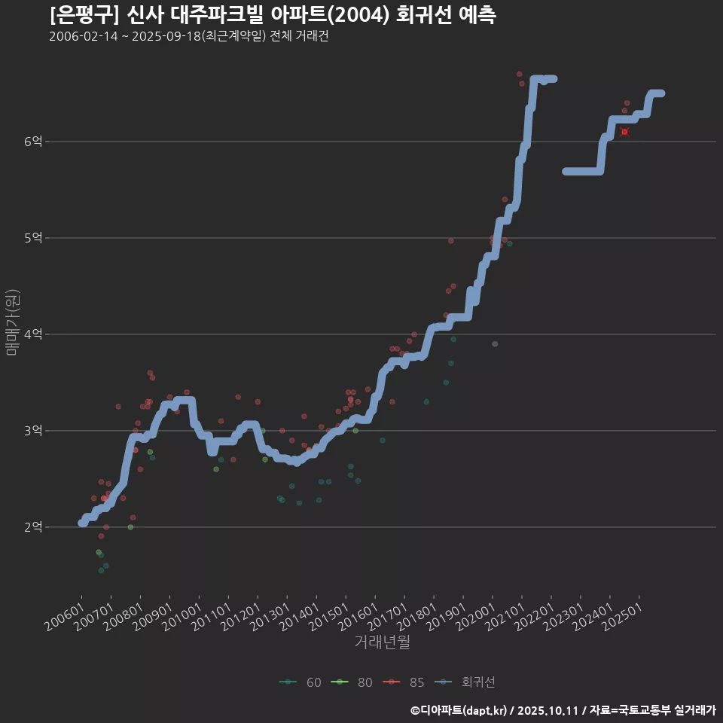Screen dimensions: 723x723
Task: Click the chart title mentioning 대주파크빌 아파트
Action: [x=272, y=15]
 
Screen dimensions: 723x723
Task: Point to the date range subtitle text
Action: [x=188, y=37]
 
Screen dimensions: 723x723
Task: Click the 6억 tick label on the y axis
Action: [x=33, y=142]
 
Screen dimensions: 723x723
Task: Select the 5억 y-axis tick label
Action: [x=33, y=238]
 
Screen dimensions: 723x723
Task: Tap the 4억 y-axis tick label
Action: [x=33, y=334]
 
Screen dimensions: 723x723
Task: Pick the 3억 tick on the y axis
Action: [x=33, y=431]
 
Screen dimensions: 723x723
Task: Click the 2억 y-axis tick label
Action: [x=33, y=527]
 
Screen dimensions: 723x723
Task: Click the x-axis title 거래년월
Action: [x=382, y=642]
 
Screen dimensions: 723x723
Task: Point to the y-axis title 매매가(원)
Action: [x=12, y=322]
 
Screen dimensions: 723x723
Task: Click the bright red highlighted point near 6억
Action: [x=625, y=132]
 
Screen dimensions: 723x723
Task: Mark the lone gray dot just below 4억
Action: [x=495, y=344]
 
